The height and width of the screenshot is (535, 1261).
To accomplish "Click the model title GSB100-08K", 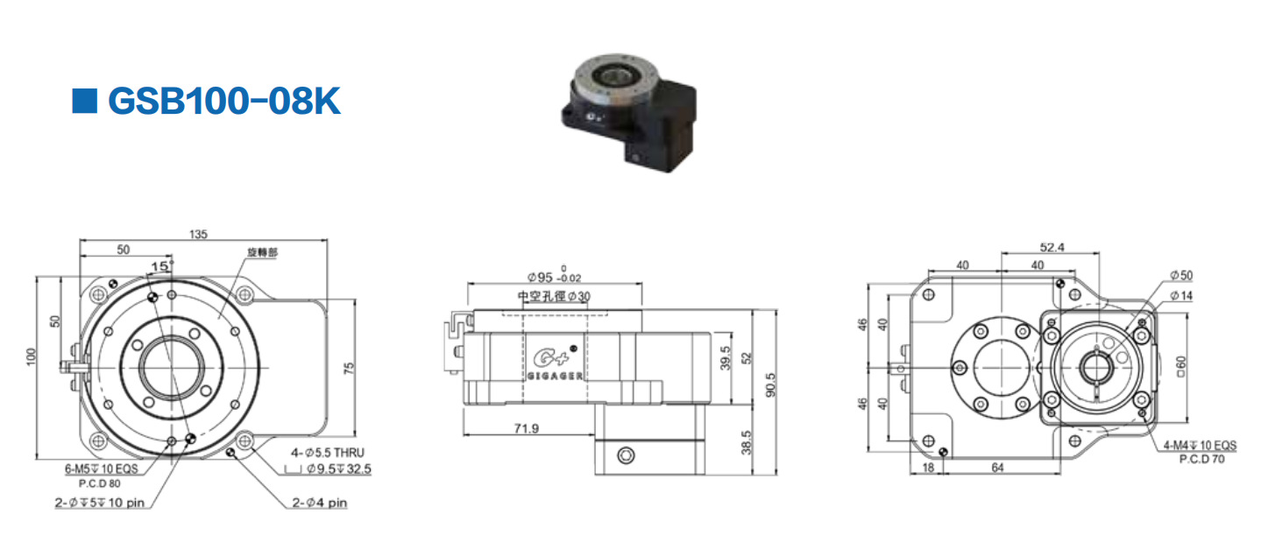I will click(x=223, y=102).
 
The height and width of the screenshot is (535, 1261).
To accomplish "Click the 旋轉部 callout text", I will click(x=262, y=251).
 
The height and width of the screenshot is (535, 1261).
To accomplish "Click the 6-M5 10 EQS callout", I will click(x=101, y=468).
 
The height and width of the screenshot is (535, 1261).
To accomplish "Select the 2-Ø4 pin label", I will click(x=321, y=503).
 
